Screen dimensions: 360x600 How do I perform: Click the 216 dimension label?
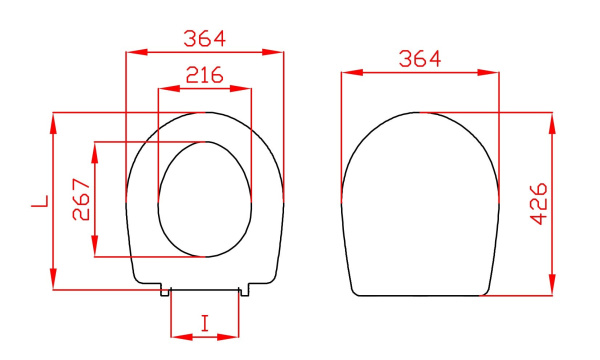click(x=205, y=76)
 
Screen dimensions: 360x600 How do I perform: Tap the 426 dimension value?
click(x=536, y=204)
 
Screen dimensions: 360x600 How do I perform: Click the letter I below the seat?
click(x=205, y=323)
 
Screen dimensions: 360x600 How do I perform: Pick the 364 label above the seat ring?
click(x=205, y=38)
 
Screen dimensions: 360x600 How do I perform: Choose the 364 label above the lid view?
click(x=420, y=59)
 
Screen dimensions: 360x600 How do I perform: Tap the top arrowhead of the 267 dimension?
click(x=95, y=147)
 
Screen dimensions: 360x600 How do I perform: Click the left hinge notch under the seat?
click(x=166, y=291)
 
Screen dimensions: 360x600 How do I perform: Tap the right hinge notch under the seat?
click(x=244, y=291)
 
